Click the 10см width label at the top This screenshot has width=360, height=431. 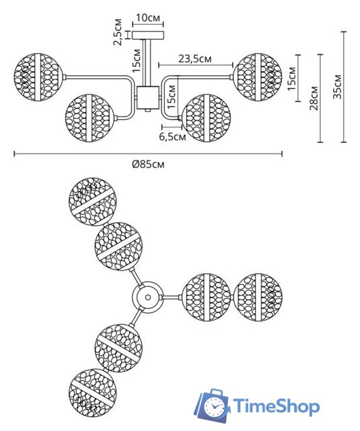click(x=148, y=18)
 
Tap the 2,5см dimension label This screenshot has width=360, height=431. click(x=118, y=32)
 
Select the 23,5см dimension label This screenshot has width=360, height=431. click(x=195, y=59)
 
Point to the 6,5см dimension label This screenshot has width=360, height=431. click(x=172, y=137)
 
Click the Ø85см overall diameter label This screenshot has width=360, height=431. click(x=148, y=164)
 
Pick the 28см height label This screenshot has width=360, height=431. click(x=314, y=98)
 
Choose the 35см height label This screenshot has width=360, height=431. click(x=337, y=86)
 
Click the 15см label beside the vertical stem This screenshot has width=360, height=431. click(x=137, y=61)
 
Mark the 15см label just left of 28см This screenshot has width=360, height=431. click(x=291, y=78)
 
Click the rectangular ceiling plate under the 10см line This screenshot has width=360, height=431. click(x=148, y=35)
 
